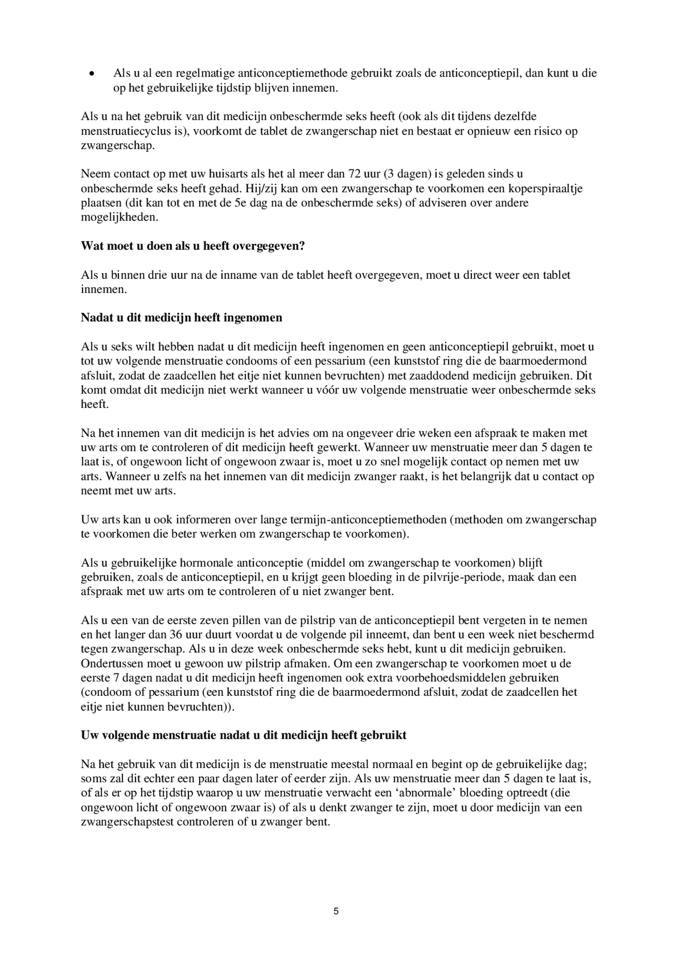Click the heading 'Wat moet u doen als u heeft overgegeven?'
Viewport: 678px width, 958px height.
point(193,246)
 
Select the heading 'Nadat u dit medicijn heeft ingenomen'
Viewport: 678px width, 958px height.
point(182,318)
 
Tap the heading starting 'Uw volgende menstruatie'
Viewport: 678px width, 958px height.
point(244,735)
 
